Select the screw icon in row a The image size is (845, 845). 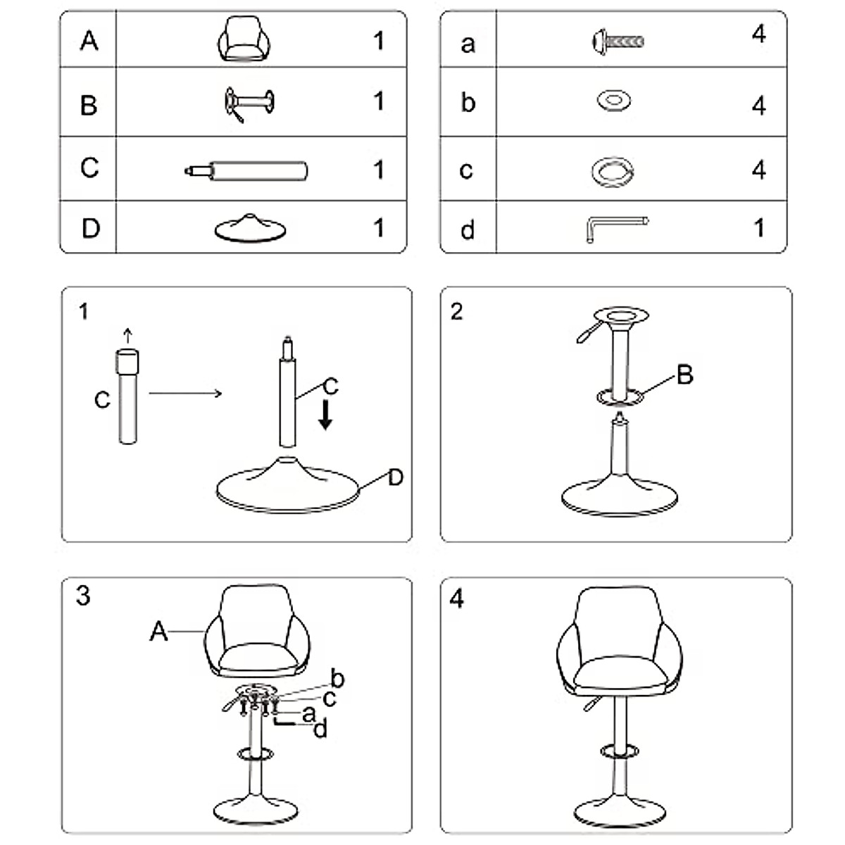(618, 41)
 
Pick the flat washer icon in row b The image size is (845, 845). (613, 101)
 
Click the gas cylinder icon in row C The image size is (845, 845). (246, 170)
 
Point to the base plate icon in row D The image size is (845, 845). (250, 228)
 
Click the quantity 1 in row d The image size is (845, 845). (758, 227)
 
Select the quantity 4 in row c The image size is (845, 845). (758, 170)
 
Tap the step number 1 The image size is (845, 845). (84, 311)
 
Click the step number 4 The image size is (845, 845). (457, 599)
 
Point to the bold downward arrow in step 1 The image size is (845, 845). (325, 415)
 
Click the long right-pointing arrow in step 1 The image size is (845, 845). (185, 393)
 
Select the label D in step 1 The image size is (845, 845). (396, 477)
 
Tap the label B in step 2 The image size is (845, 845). (684, 375)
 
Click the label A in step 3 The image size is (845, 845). (158, 632)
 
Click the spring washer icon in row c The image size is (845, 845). (613, 172)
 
